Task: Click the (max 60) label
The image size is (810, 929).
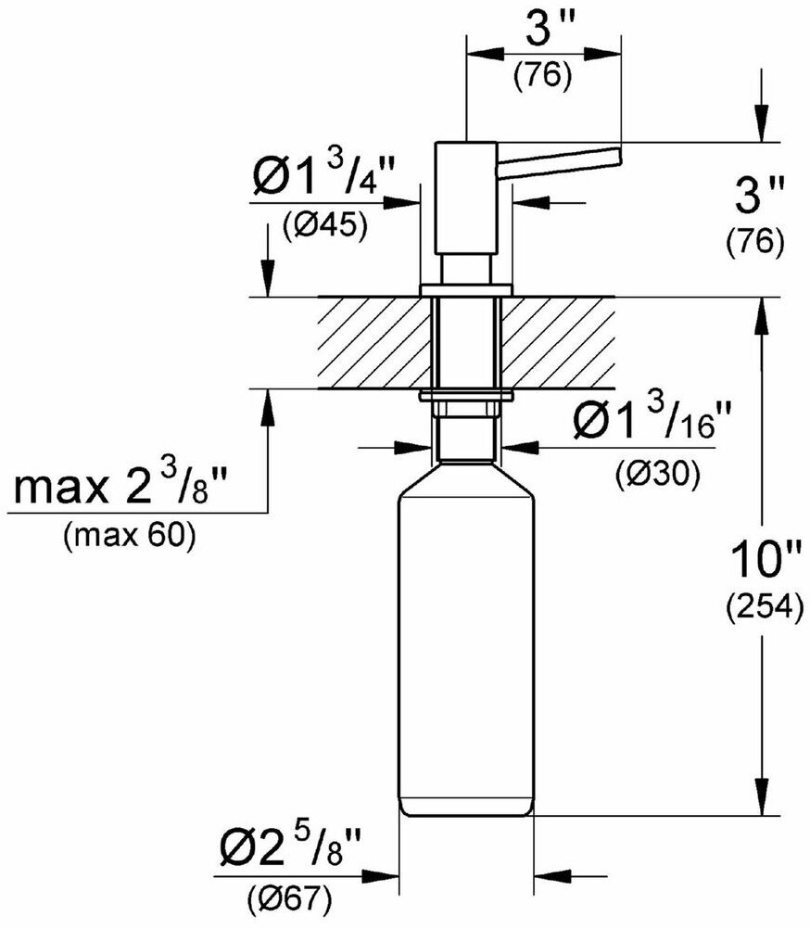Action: coord(130,537)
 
